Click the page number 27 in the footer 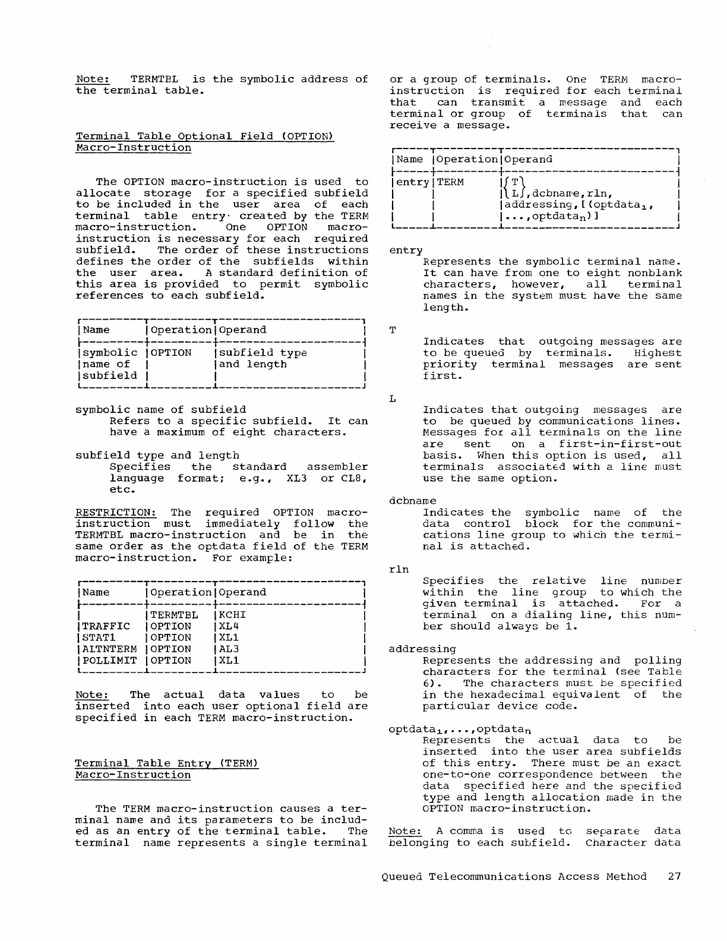coord(674,877)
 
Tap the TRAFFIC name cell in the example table coord(106,626)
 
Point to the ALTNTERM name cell coord(110,649)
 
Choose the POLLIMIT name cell coord(110,661)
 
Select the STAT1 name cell coord(100,638)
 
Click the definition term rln coord(399,570)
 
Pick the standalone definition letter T coord(393,330)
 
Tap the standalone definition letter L coord(393,399)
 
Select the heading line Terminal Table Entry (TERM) coord(167,763)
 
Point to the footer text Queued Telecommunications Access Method coord(514,877)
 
